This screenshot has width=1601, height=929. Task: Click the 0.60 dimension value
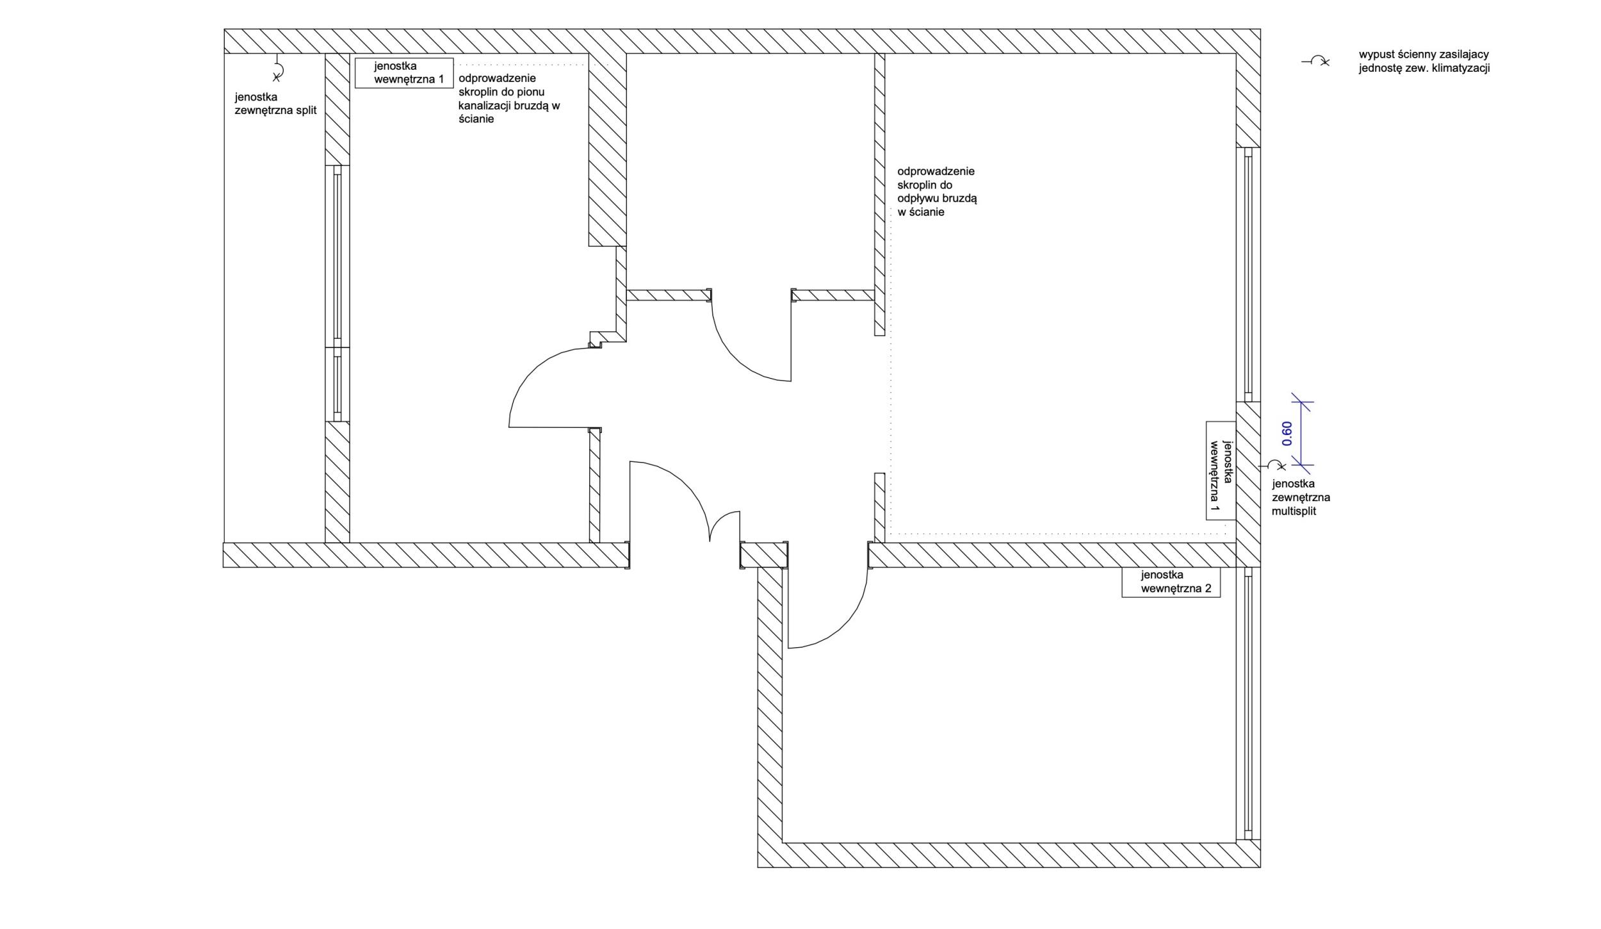1287,434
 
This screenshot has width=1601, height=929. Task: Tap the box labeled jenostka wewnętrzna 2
1171,582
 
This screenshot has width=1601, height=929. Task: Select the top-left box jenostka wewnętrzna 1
404,73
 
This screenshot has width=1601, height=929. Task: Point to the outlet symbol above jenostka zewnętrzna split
278,69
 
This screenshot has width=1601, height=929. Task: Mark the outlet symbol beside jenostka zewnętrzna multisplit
1272,465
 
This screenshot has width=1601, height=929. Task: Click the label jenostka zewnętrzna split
275,104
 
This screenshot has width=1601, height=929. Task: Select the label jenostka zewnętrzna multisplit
1301,498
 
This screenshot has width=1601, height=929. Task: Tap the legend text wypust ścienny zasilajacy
1424,55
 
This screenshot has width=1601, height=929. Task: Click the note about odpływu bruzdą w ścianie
937,192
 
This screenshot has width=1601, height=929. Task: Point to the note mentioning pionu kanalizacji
509,98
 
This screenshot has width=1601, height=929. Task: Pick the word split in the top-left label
307,110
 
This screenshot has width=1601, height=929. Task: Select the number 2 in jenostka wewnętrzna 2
1208,589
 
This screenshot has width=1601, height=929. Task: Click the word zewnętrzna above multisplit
1301,498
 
